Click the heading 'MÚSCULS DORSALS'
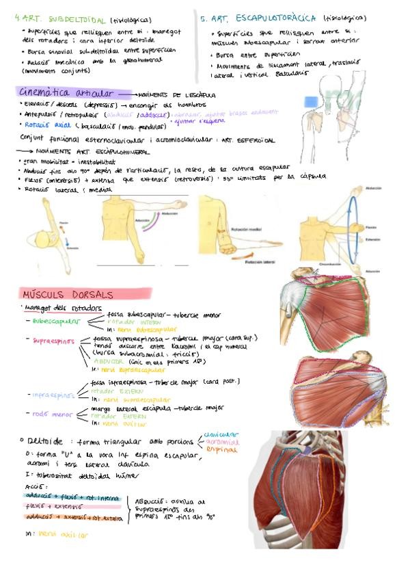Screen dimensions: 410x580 [66, 294]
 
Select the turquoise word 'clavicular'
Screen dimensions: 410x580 [221, 434]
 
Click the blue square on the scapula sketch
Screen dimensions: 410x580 [312, 101]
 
